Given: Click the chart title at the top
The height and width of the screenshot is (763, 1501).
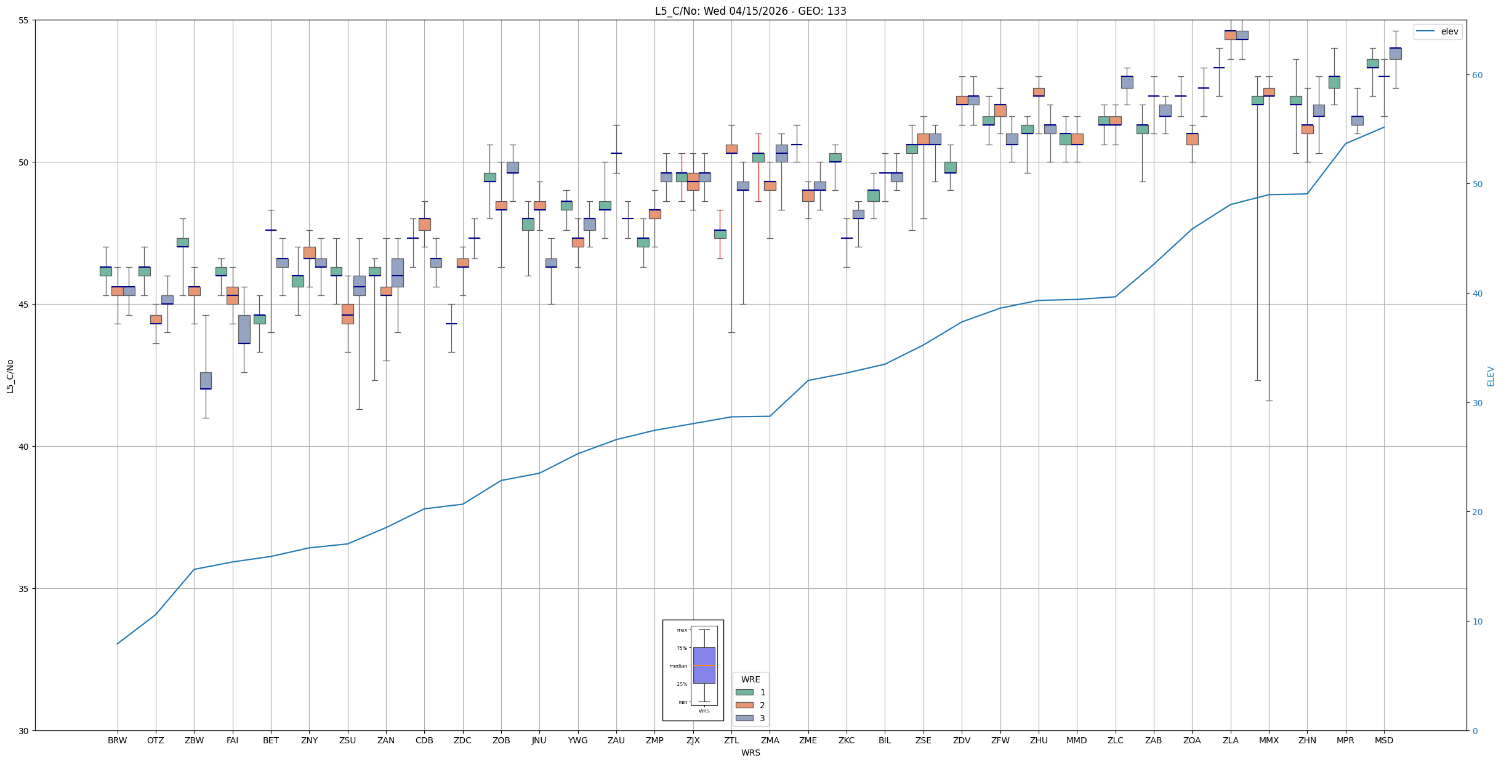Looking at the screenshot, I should [750, 11].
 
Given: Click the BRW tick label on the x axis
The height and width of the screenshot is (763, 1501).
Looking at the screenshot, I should [117, 740].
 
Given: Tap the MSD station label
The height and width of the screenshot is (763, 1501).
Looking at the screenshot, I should [1384, 740].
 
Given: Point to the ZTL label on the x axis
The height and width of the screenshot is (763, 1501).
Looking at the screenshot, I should [731, 740].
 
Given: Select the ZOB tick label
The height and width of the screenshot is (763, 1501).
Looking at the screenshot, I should [501, 740].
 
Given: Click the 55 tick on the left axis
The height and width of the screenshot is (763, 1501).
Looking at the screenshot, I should [25, 20].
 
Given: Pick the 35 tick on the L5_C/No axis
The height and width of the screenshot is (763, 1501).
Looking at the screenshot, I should [25, 589].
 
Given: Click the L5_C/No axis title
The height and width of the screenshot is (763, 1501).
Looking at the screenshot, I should [10, 376].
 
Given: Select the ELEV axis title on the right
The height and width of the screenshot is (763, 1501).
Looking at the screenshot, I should [1491, 376].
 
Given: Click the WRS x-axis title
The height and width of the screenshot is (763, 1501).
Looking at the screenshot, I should [750, 753].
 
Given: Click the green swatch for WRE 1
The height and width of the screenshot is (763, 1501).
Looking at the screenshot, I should [744, 692].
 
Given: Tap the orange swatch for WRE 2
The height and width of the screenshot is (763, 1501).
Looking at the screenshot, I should [744, 705].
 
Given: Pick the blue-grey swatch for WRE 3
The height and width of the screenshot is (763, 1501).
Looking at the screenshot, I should [744, 718].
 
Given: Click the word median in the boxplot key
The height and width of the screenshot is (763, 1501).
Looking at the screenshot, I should [678, 666].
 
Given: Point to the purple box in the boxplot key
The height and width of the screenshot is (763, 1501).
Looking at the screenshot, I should [704, 665].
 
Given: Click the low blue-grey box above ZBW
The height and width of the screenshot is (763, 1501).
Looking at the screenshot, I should [206, 380].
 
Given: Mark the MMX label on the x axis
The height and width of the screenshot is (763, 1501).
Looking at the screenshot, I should [1269, 740].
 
